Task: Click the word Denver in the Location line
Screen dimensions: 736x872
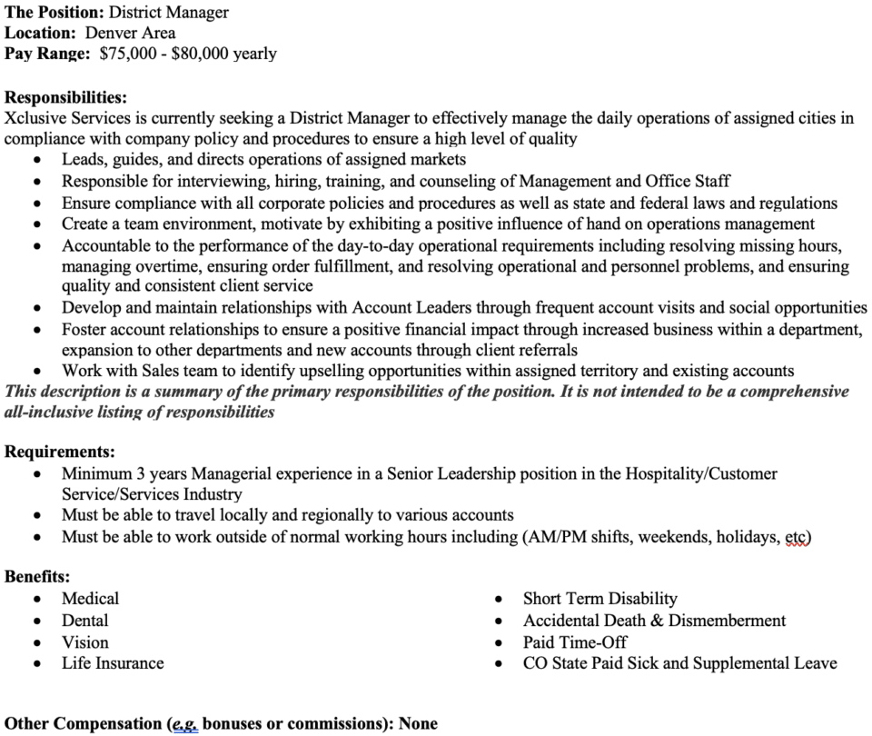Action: point(113,34)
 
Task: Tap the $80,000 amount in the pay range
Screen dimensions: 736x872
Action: point(200,54)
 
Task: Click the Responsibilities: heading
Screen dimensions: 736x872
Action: point(65,97)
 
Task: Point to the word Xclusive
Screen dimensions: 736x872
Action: point(36,118)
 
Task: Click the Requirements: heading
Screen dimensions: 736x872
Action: point(60,452)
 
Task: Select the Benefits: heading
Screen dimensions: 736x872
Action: point(37,577)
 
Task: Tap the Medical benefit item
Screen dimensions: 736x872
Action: point(90,599)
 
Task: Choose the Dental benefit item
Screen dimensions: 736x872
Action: point(84,621)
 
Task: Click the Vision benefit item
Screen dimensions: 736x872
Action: point(84,642)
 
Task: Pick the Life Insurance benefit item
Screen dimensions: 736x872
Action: point(113,664)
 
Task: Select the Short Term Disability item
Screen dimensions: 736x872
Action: point(599,599)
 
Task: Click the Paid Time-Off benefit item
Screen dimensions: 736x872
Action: point(575,642)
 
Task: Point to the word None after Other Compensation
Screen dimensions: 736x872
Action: point(416,724)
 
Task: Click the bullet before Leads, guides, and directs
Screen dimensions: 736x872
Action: point(36,161)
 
